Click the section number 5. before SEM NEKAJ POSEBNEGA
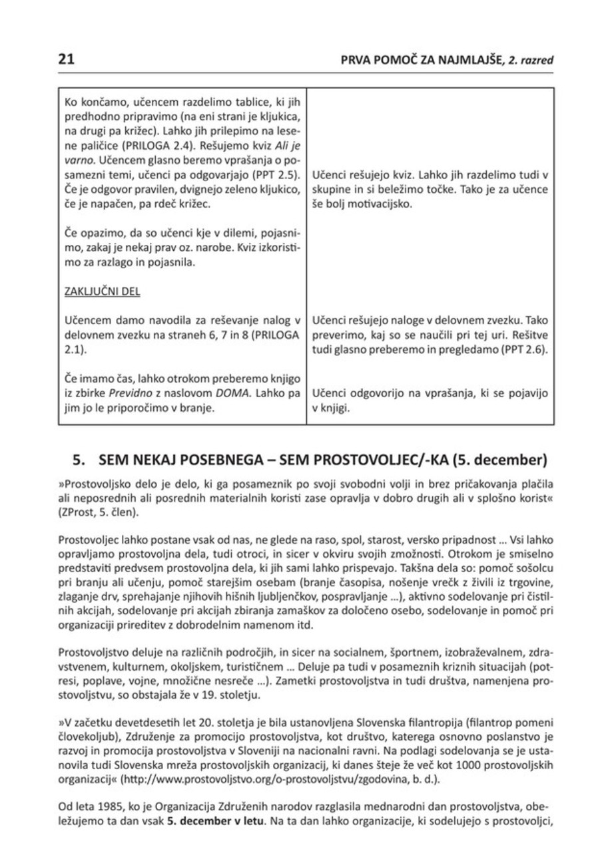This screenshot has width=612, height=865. (x=80, y=459)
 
